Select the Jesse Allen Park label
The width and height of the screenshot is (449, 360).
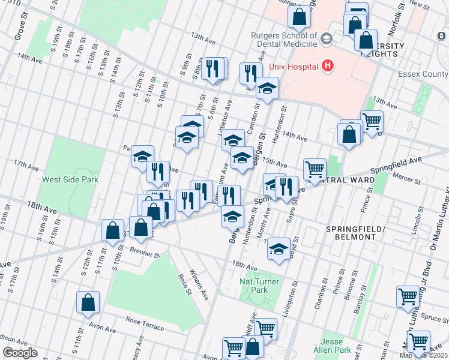(x=336, y=346)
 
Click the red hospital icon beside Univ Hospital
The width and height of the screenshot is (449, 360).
(x=327, y=65)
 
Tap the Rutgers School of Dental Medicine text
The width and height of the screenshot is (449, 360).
(x=284, y=40)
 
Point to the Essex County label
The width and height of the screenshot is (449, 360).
(x=424, y=74)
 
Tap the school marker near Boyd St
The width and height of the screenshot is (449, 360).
(x=278, y=249)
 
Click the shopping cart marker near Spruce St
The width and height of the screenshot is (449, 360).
(x=408, y=296)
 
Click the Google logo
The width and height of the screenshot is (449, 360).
(x=19, y=353)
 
